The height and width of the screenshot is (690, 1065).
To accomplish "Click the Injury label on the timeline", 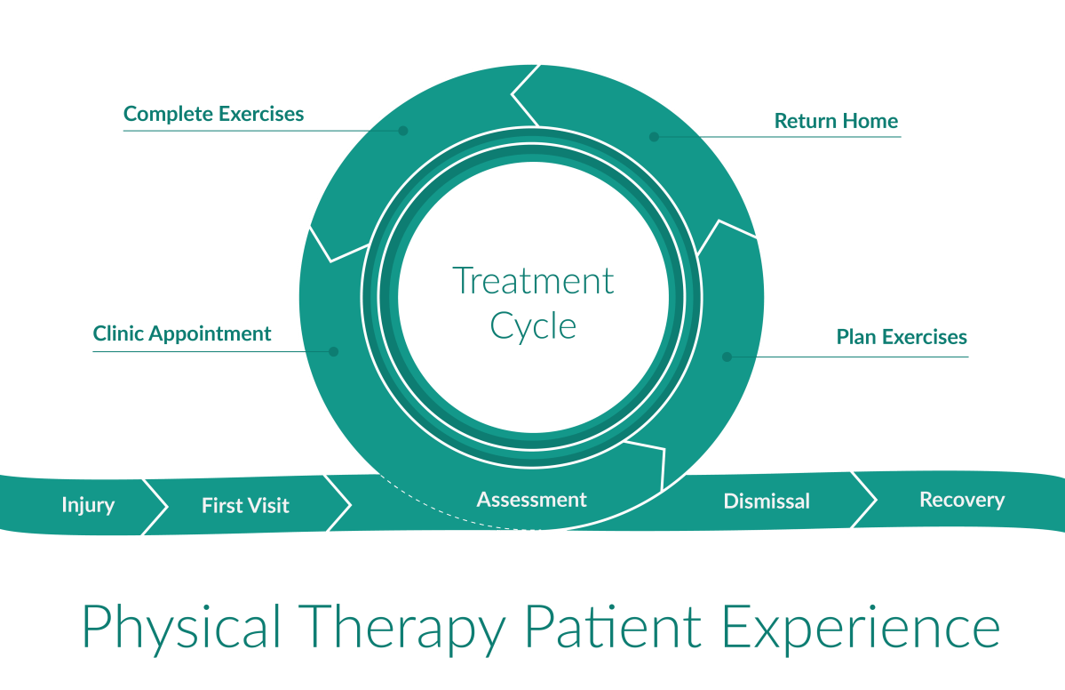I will click(88, 505).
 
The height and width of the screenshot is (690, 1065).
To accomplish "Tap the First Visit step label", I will click(245, 506).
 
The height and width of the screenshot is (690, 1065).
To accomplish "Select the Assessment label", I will click(531, 500).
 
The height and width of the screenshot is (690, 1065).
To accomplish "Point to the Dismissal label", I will click(767, 501).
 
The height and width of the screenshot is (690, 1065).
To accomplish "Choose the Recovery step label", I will click(962, 500).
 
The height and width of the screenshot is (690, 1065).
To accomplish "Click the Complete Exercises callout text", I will click(213, 114).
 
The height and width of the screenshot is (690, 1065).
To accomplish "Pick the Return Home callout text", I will click(836, 120).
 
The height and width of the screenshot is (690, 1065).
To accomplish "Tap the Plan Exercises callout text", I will click(902, 338).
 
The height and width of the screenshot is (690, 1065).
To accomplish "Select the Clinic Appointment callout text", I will click(182, 334).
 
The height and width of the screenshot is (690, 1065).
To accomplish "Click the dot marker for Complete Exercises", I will click(402, 131).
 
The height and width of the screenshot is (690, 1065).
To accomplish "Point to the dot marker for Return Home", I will click(654, 137).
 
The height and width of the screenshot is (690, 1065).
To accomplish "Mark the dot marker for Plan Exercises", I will click(727, 357).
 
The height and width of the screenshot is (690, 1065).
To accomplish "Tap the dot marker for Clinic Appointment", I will click(334, 351).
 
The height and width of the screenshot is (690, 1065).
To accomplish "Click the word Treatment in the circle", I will click(533, 281).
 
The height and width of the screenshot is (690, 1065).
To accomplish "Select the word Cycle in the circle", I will click(533, 325).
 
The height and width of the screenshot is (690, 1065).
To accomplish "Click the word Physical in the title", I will click(181, 628).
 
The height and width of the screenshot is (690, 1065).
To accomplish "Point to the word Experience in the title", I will click(860, 628).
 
